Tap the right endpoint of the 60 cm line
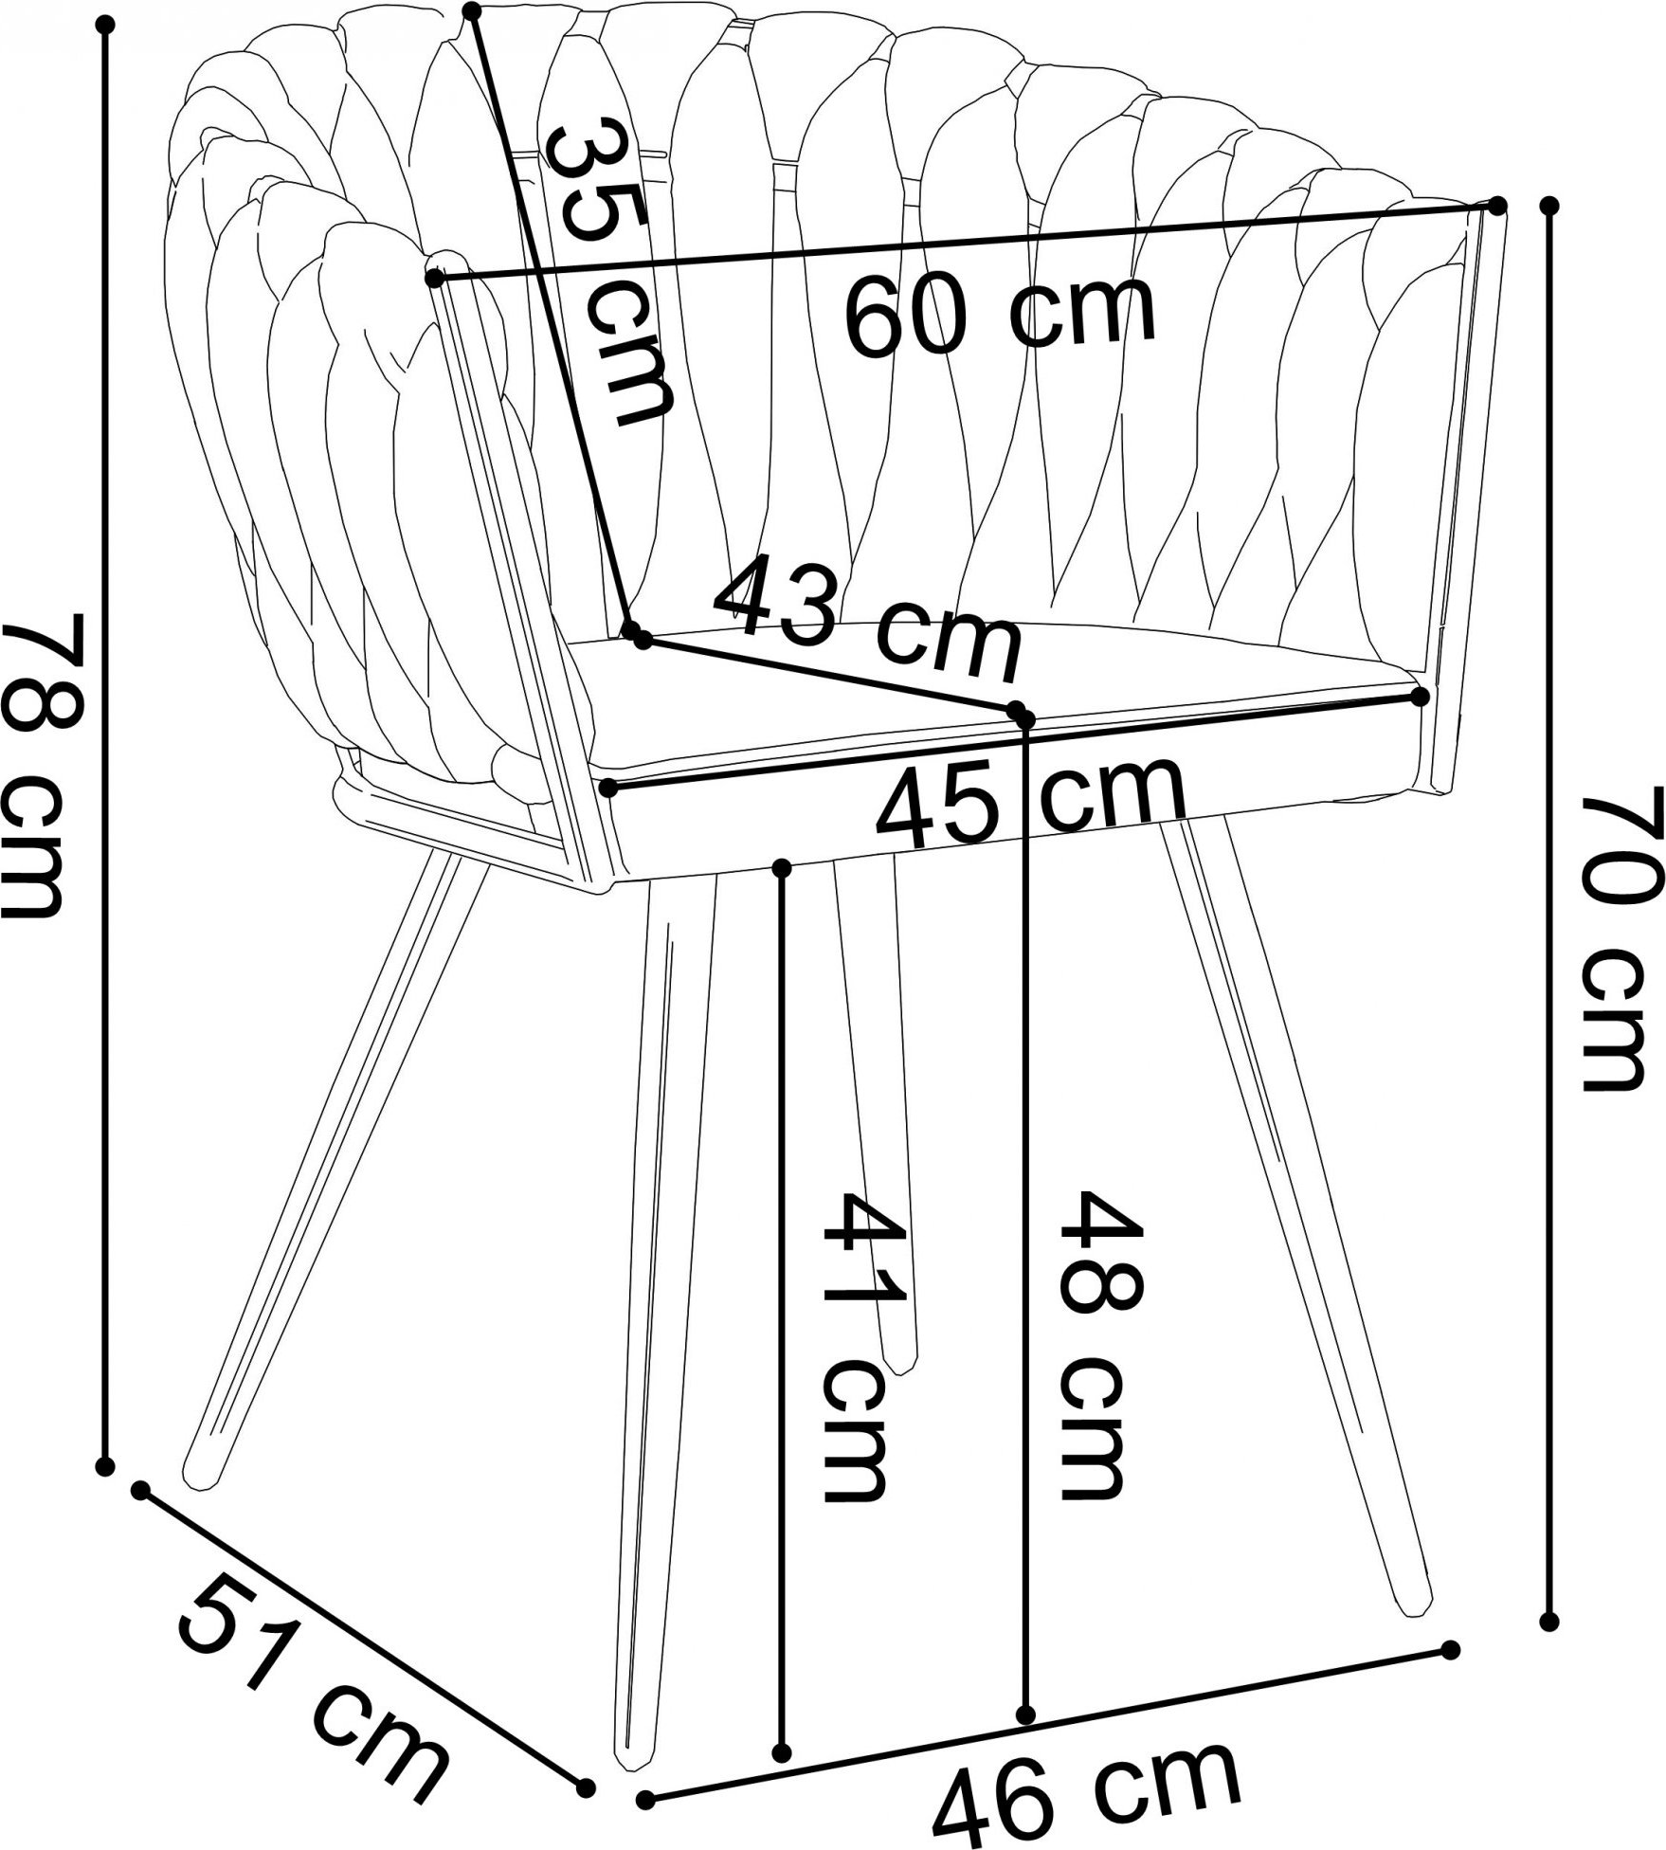point(1497,205)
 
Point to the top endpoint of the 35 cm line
point(473,10)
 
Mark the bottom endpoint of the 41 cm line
point(782,1750)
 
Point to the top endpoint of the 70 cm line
point(1549,205)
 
